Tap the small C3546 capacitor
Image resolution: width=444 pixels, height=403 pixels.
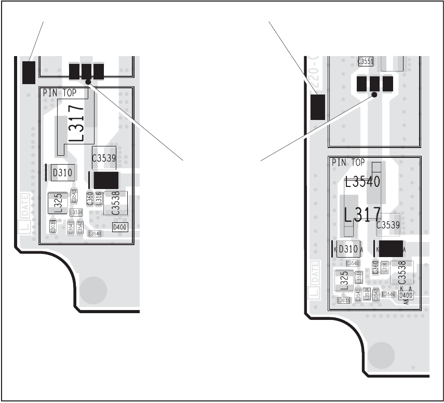coord(388,294)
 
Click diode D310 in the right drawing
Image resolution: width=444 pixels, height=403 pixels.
coord(348,249)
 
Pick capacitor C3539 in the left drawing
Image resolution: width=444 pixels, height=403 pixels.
coord(104,158)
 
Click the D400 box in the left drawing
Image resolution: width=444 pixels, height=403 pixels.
coord(119,227)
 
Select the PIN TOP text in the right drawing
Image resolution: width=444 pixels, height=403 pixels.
coord(348,163)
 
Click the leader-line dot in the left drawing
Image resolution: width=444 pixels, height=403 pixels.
coord(89,82)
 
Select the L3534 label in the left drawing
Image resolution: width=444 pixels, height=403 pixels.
coord(76,212)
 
